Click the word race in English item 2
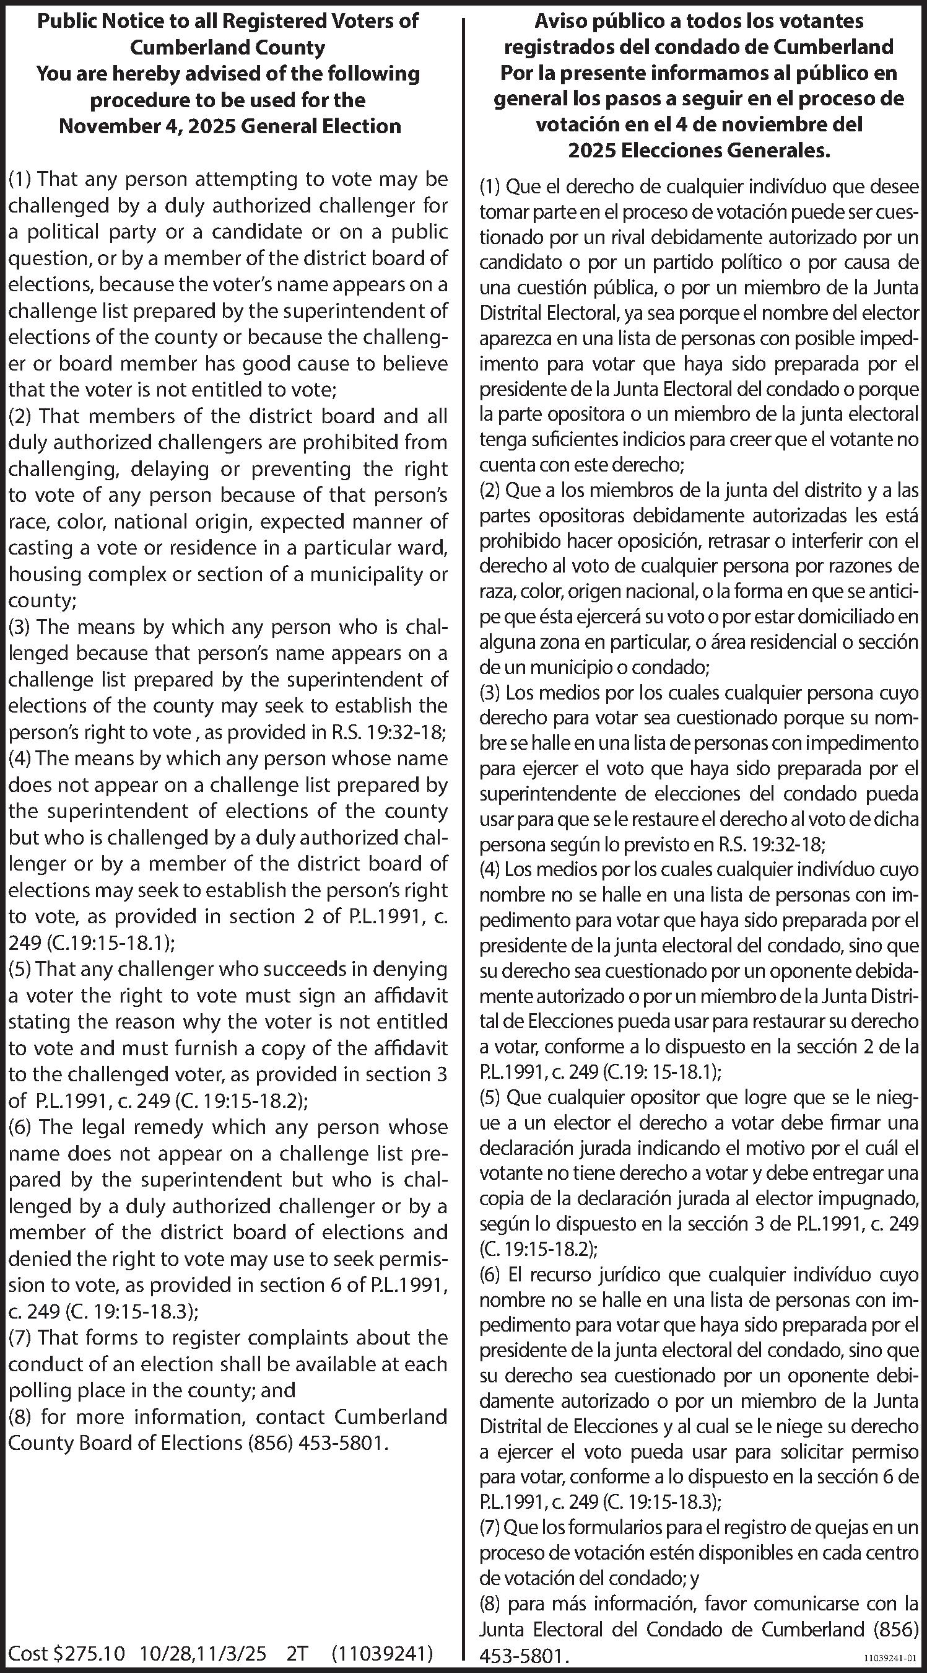[27, 522]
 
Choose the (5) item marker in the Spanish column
[491, 1097]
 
